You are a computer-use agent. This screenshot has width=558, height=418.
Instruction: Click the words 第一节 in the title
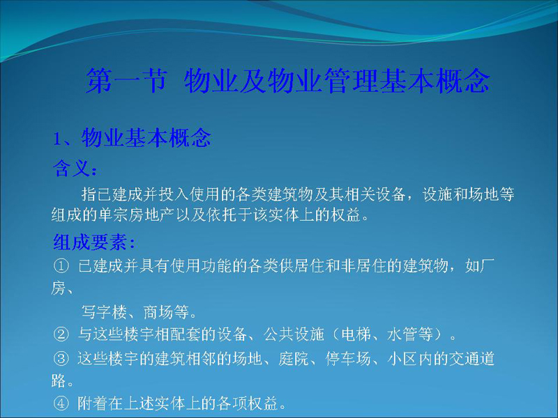coord(126,80)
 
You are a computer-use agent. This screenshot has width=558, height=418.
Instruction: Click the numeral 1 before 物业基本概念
coord(56,139)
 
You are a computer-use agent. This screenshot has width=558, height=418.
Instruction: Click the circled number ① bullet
coord(61,266)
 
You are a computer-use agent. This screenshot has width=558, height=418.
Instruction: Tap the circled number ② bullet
coord(61,334)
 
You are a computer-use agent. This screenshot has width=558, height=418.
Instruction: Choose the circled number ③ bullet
coord(61,358)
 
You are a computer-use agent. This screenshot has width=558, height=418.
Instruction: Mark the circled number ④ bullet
coord(61,403)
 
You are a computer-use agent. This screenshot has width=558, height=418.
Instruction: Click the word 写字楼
coord(104,312)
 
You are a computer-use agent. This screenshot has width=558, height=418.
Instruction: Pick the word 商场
coord(158,312)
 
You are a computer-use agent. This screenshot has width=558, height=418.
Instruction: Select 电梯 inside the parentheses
coord(356,334)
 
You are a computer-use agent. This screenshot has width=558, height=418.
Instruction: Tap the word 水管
coord(402,334)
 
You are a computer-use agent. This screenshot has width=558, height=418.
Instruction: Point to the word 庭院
coord(294,358)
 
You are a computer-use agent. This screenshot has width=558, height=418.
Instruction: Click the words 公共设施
coord(294,334)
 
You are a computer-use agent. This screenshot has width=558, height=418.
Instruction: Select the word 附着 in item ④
coord(93,403)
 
